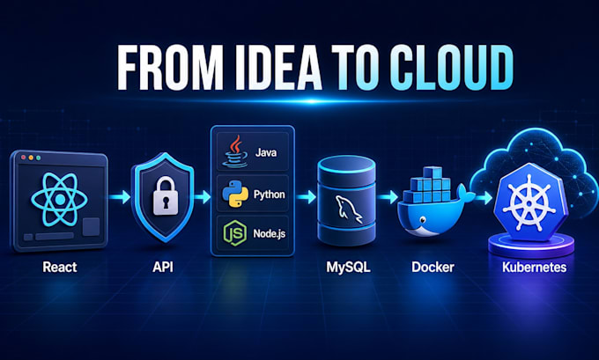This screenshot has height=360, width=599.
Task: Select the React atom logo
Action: (59, 199)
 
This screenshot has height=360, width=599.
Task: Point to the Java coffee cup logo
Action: (235, 151)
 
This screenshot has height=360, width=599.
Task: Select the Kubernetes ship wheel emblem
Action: (529, 202)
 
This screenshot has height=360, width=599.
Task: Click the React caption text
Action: (60, 267)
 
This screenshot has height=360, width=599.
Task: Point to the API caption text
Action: (163, 267)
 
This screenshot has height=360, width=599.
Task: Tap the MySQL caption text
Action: (348, 268)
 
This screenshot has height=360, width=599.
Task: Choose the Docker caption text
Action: (433, 267)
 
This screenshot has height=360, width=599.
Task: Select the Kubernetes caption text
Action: (534, 267)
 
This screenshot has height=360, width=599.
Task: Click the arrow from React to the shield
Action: (119, 197)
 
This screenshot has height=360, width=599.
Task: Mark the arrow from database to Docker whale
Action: (388, 197)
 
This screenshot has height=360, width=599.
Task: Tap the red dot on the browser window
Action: (24, 158)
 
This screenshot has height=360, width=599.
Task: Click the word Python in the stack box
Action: (270, 195)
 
